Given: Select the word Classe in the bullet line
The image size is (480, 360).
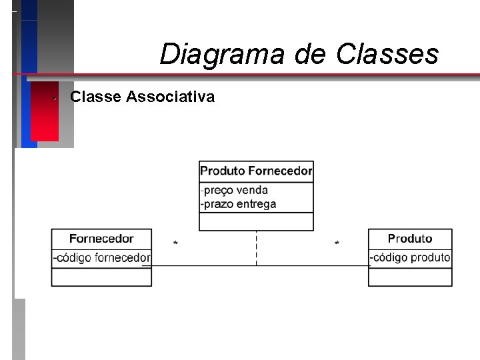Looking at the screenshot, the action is (95, 97).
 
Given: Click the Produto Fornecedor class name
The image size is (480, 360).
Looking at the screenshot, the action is (256, 171).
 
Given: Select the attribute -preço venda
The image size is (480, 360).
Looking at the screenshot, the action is (235, 191).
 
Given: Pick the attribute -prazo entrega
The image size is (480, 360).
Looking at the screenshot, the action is (239, 205).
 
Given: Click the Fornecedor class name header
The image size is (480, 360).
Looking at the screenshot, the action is (101, 239).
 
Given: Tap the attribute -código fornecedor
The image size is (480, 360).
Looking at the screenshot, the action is (102, 258).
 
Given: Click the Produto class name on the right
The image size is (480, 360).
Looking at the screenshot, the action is (410, 239).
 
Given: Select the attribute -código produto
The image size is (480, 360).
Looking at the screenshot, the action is (410, 258).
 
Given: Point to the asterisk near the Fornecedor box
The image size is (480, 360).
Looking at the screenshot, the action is (175, 244).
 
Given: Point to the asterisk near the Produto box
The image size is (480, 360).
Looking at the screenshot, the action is (337, 244).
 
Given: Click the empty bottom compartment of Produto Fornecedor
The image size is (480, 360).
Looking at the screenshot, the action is (256, 221).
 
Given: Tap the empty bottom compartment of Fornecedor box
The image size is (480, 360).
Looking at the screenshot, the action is (101, 277).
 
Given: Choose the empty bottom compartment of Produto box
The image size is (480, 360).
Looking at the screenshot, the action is (410, 277).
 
